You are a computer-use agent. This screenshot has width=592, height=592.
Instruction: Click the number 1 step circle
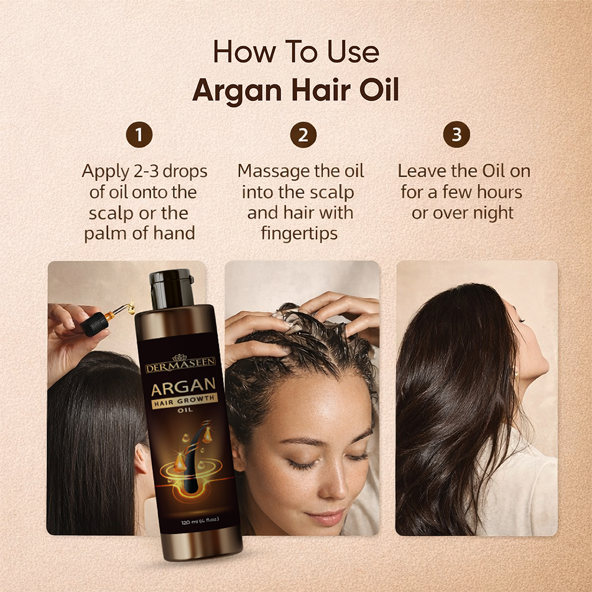pos(139,134)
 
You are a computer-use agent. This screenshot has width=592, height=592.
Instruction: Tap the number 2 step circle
pos(303,134)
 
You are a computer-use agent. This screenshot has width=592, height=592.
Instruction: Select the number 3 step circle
pos(457,134)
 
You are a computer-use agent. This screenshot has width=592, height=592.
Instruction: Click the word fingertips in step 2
pos(299,233)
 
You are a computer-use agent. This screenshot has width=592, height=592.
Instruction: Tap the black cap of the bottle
pos(172,288)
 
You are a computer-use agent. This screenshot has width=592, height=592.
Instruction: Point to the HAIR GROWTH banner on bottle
pos(185,401)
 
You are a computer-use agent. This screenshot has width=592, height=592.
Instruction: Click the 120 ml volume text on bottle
pos(200,522)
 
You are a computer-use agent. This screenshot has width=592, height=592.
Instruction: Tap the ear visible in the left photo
pos(141,459)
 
